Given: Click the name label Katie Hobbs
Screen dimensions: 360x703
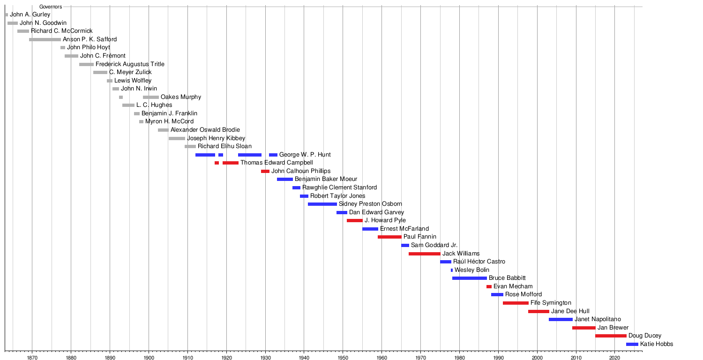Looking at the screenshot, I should (x=656, y=344).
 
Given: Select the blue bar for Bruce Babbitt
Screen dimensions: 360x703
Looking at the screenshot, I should (x=469, y=278).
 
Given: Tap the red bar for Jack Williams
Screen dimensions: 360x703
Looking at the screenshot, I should (x=424, y=254).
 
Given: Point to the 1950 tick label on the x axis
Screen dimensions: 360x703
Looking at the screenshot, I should (x=343, y=357).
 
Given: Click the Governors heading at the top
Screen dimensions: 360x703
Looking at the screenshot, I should (x=51, y=7).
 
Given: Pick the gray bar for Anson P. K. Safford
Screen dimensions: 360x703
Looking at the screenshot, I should (x=45, y=39).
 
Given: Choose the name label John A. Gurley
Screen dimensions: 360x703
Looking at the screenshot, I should (x=30, y=15).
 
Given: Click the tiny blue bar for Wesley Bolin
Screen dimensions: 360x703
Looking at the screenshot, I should (x=452, y=270).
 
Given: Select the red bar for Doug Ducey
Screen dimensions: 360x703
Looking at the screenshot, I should (x=611, y=336).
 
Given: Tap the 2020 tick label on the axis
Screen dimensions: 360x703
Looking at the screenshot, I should (x=614, y=357).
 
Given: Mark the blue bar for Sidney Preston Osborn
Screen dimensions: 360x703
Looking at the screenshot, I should (x=322, y=204).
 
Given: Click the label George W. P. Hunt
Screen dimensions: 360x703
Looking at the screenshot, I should (x=305, y=155).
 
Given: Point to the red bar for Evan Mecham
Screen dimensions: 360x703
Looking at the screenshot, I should (x=489, y=286).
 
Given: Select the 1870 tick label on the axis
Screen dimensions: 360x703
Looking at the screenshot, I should (x=32, y=357).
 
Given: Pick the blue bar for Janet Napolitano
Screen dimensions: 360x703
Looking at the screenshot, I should (x=561, y=319).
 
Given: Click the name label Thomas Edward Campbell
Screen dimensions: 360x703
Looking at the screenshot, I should (x=277, y=163).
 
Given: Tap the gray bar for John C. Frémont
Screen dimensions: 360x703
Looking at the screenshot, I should (x=71, y=56).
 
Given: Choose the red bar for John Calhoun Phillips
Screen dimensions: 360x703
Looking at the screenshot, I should (x=265, y=171).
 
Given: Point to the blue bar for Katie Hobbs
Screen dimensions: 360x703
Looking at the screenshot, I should (x=632, y=344).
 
